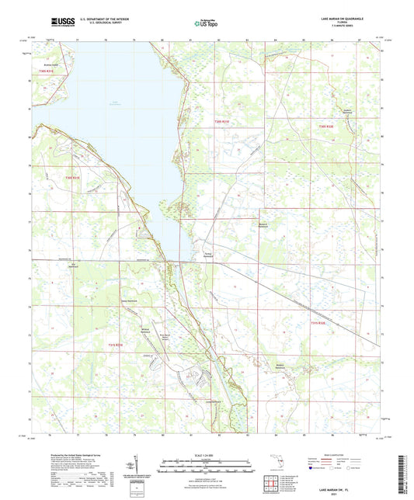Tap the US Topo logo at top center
pos(200,24)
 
